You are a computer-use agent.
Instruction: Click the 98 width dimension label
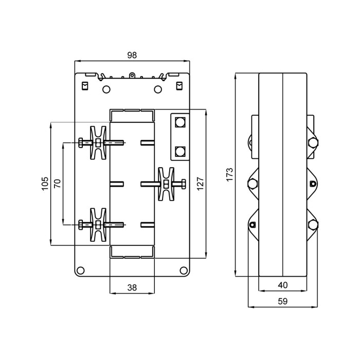click(x=132, y=56)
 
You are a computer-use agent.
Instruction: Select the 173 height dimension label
click(x=229, y=175)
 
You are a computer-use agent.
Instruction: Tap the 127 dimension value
click(x=201, y=184)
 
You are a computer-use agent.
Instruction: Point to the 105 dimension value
click(x=45, y=184)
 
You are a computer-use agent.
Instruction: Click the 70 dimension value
click(x=58, y=184)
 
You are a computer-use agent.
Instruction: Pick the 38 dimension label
click(x=132, y=287)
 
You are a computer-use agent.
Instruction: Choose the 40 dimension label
click(x=283, y=285)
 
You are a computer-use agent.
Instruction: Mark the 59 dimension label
click(x=283, y=301)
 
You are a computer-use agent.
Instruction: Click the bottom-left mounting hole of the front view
click(x=81, y=270)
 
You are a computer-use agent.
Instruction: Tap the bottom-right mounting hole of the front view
click(x=184, y=270)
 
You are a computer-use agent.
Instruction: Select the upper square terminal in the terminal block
click(x=180, y=122)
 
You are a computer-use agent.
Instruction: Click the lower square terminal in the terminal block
click(x=180, y=152)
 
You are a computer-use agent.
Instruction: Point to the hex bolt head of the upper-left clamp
click(x=81, y=142)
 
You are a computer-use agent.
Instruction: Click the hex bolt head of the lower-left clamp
click(x=81, y=225)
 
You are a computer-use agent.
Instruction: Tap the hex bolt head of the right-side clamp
click(x=184, y=184)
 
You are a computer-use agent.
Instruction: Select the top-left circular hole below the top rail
click(x=106, y=89)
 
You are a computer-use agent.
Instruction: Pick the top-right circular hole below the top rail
click(x=158, y=89)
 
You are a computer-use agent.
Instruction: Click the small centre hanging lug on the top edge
click(x=132, y=75)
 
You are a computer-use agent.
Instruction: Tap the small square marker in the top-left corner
click(x=85, y=86)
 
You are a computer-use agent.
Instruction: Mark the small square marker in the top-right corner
click(x=179, y=86)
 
